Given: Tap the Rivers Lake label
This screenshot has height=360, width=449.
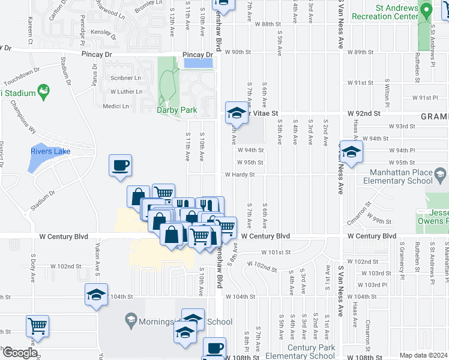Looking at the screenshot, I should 51,151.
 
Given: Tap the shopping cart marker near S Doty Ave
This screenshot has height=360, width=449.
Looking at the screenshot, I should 37,326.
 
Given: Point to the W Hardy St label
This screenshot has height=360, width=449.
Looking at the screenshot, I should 240,175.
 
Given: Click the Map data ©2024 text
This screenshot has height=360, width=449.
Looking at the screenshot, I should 424,355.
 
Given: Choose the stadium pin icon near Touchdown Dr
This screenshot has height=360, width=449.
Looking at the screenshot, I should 43,92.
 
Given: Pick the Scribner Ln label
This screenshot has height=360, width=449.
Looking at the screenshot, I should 125,78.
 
